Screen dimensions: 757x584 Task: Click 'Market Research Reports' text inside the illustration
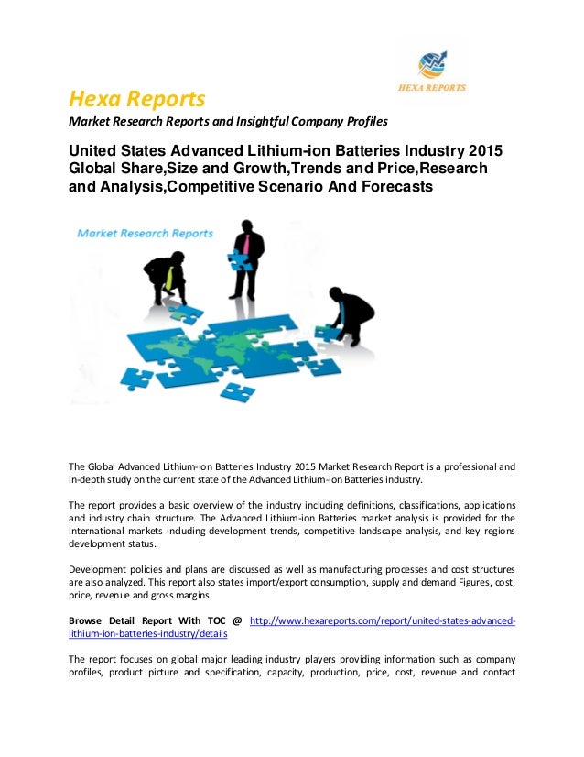click(x=145, y=234)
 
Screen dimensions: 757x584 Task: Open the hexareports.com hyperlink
click(x=382, y=620)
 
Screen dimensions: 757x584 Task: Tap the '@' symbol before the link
click(x=236, y=620)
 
